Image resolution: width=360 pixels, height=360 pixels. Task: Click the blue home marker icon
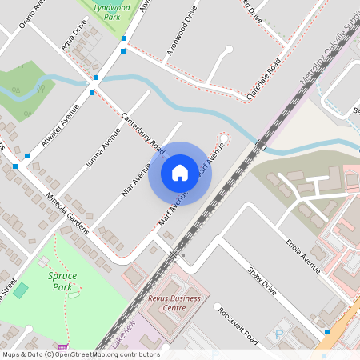[180, 172]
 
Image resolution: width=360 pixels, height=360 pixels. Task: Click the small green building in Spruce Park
[21, 290]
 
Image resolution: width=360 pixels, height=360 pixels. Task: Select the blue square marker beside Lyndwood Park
[123, 38]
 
